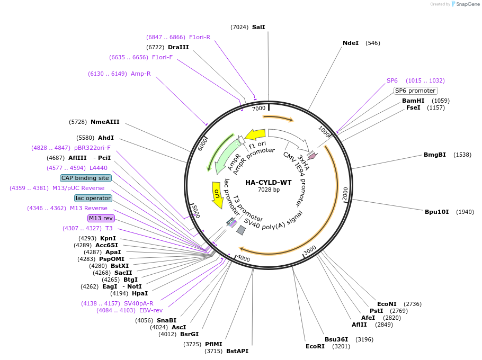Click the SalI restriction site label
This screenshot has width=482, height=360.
[x=258, y=26]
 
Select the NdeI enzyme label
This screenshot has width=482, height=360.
[x=351, y=43]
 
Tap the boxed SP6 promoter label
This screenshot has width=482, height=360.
[x=415, y=91]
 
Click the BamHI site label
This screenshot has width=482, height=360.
[x=413, y=101]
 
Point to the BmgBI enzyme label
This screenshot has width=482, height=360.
[x=434, y=155]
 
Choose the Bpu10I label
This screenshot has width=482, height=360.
[x=436, y=212]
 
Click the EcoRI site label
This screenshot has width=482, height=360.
[x=315, y=346]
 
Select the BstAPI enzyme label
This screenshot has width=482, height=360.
[x=237, y=351]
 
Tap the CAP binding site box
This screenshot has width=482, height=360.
[x=85, y=178]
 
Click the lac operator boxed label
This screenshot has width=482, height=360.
[x=93, y=198]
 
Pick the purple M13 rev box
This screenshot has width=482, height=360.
[x=101, y=218]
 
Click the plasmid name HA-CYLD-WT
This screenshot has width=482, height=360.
[x=268, y=182]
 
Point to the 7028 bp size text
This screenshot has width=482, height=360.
[x=269, y=190]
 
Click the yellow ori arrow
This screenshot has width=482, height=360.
[x=217, y=195]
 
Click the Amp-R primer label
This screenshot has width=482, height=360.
[x=140, y=74]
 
